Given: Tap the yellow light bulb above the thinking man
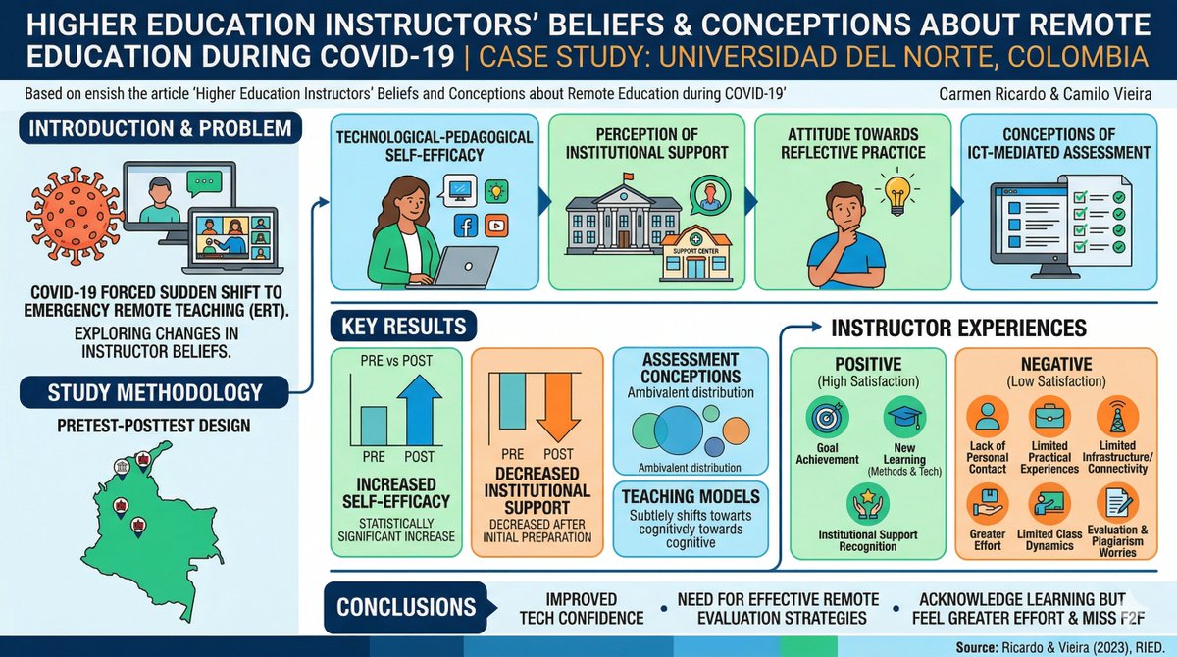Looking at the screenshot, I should [x=896, y=191].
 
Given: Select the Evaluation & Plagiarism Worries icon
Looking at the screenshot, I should [x=1117, y=505].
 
